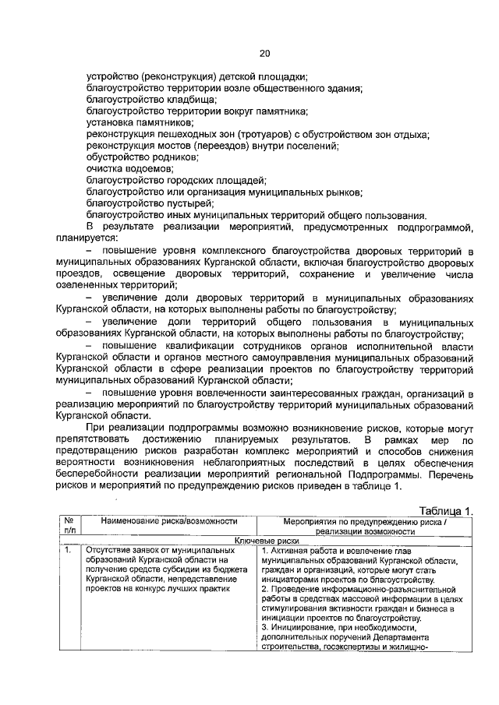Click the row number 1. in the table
pyautogui.click(x=69, y=550)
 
